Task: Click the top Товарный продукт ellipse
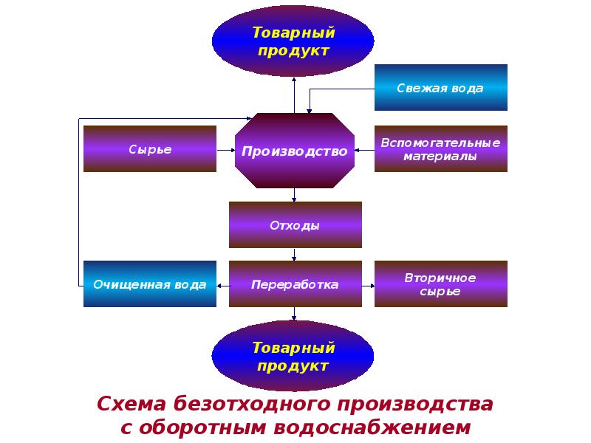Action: [x=293, y=41]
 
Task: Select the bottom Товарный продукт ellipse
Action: [x=293, y=356]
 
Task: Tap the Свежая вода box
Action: [x=441, y=87]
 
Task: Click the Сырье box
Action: [x=150, y=149]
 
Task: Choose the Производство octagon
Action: [x=295, y=151]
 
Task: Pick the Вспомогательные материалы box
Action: [x=441, y=149]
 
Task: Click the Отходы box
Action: [x=295, y=225]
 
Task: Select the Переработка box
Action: [x=295, y=284]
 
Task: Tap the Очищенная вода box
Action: [x=150, y=284]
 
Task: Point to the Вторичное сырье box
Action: [x=441, y=284]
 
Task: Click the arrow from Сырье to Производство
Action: [x=226, y=151]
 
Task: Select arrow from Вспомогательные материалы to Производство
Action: [x=364, y=151]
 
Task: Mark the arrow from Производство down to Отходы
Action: [x=294, y=195]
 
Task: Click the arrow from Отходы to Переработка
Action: [x=294, y=254]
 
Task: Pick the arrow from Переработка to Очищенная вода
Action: [x=223, y=286]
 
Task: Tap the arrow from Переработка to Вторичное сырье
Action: [x=368, y=286]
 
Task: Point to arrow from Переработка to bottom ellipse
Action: [x=294, y=314]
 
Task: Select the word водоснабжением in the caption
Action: [x=372, y=427]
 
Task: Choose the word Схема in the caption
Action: [x=131, y=404]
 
